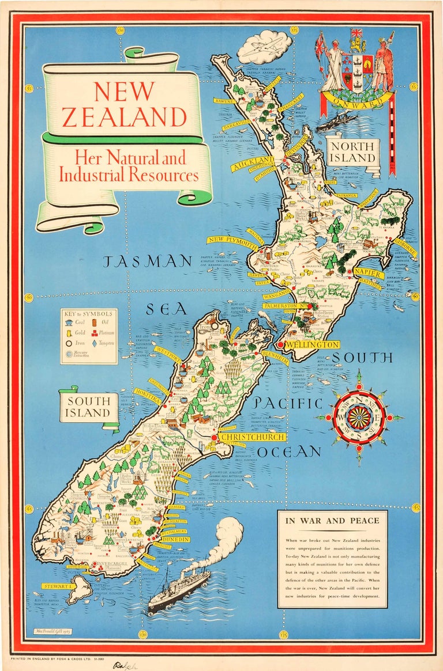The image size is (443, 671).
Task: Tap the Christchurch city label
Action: [x=252, y=438]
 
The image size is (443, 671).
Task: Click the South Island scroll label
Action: [x=89, y=407]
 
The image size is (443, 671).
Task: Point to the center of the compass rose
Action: [x=359, y=417]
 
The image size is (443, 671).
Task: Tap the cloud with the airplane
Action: [x=264, y=48]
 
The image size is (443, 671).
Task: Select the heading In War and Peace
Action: [x=332, y=521]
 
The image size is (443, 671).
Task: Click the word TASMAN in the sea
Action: [x=147, y=261]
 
